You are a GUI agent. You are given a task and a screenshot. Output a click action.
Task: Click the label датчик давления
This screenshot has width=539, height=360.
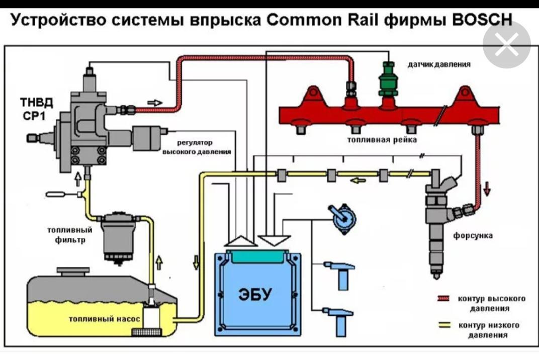(x=438, y=65)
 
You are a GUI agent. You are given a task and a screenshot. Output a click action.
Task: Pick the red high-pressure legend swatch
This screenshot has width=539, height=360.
(x=444, y=299)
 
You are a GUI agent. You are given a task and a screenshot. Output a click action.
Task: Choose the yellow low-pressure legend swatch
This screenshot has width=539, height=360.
(x=444, y=325)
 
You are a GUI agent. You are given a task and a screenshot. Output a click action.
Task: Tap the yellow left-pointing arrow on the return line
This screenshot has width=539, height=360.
(x=358, y=180)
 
